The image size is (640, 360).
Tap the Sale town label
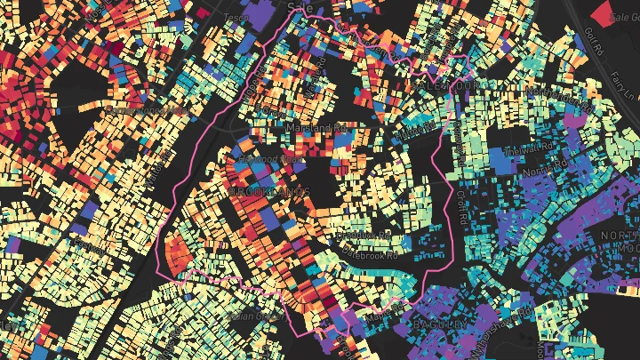pyautogui.click(x=300, y=6)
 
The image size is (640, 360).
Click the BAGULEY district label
pyautogui.click(x=439, y=324)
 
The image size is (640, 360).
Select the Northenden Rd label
pyautogui.click(x=561, y=98)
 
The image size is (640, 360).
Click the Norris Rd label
pyautogui.click(x=546, y=165)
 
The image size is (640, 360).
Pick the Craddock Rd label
pyautogui.click(x=364, y=236)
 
